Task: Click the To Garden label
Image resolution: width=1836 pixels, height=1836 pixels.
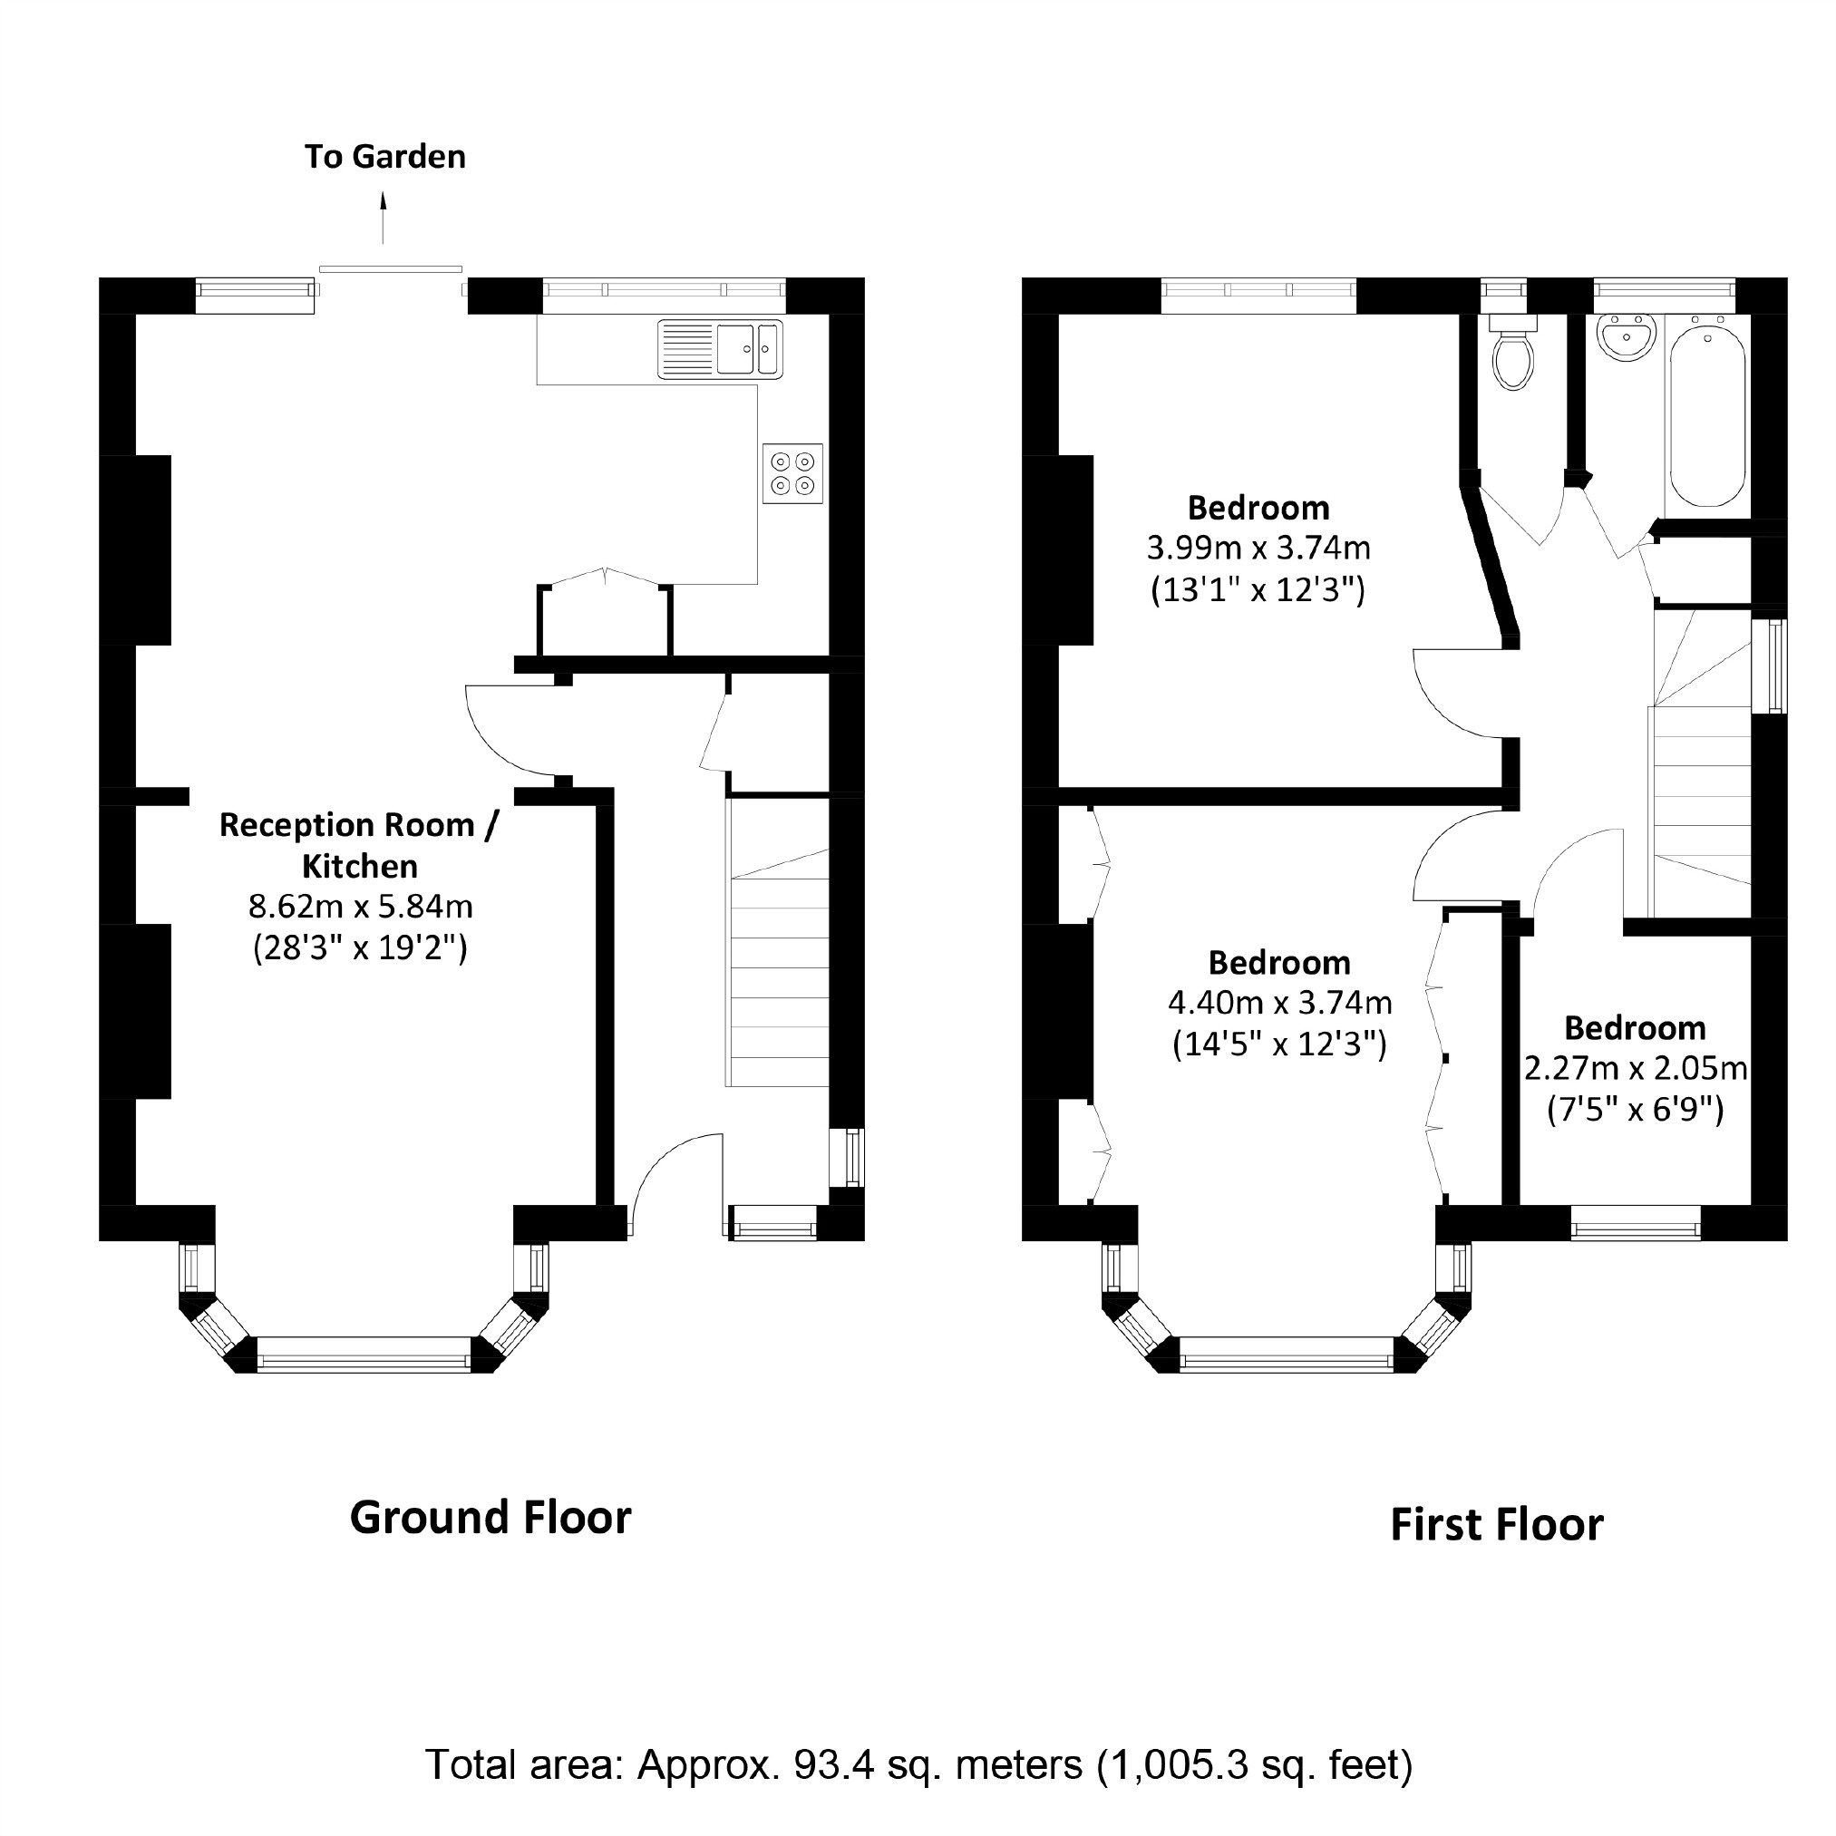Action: coord(384,157)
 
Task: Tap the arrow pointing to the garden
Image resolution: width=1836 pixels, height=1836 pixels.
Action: coord(384,219)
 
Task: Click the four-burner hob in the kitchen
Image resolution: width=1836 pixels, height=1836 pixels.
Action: coord(792,473)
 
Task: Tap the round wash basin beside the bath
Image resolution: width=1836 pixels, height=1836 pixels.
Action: coord(1626,337)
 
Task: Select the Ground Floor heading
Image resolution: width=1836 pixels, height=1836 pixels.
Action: coord(490,1518)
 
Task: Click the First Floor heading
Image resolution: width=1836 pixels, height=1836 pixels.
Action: coord(1497,1525)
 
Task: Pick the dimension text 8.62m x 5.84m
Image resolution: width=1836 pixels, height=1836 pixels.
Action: coord(360,907)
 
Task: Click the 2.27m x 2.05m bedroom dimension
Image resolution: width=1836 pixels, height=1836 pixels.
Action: coord(1636,1069)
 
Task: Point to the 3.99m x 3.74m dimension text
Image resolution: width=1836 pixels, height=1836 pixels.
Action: coord(1258,549)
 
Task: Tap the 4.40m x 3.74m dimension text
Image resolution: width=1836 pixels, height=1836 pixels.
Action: coord(1279,1003)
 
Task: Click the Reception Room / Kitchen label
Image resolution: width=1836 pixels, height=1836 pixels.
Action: coord(359,845)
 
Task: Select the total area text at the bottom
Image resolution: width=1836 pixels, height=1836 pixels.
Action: coord(918,1764)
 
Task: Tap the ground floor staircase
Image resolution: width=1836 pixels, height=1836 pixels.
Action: coord(778,969)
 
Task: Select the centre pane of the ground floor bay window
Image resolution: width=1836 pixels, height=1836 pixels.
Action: coord(363,1355)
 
